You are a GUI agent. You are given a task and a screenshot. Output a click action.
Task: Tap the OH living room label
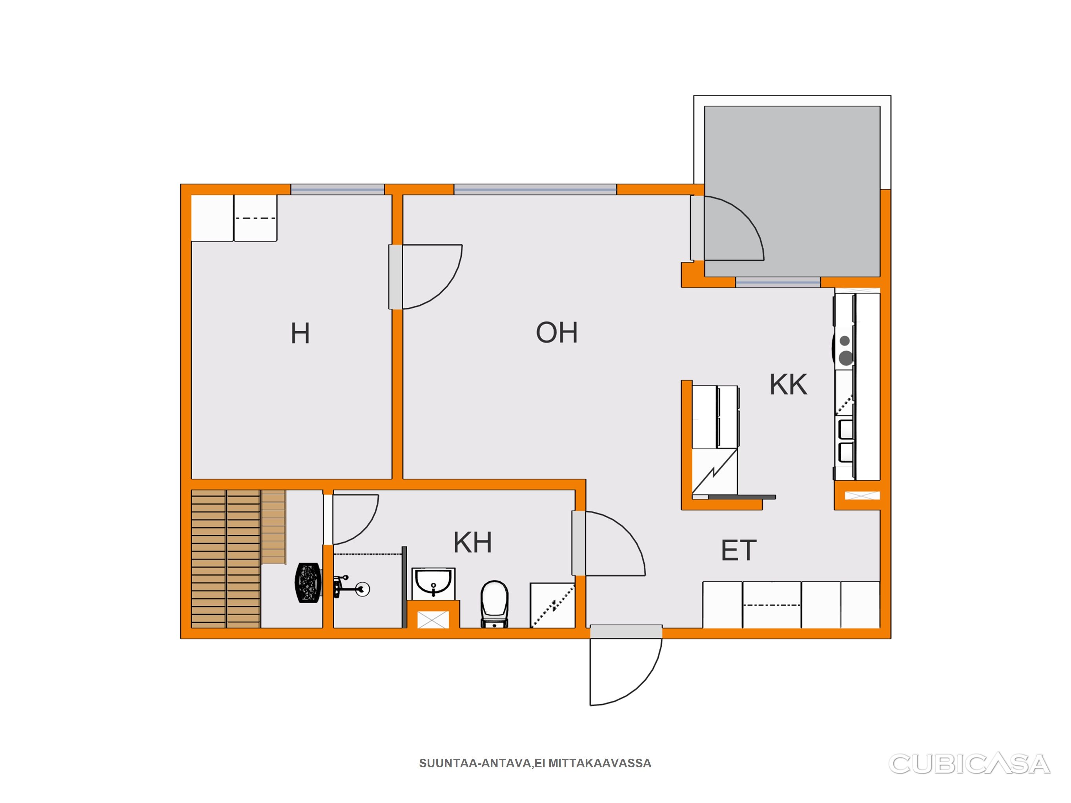tap(557, 332)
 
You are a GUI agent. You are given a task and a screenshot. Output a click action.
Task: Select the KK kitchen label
tap(788, 385)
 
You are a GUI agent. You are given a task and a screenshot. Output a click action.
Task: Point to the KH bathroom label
tap(473, 542)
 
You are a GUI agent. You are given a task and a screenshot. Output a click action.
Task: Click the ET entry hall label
tap(739, 550)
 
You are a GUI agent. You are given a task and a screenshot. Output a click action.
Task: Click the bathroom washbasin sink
tap(433, 584)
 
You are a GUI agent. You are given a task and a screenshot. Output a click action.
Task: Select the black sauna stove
tap(308, 582)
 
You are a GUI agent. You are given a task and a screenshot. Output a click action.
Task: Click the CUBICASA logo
tap(969, 764)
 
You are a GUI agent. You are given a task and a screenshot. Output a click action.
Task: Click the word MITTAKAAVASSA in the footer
tap(600, 763)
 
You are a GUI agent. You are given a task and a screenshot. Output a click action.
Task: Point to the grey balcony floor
tap(792, 191)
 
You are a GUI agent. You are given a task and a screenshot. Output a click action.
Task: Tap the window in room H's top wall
tap(337, 190)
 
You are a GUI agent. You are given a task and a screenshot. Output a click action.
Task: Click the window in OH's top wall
tap(535, 190)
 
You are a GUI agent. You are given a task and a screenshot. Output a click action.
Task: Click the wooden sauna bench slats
tap(226, 559)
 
